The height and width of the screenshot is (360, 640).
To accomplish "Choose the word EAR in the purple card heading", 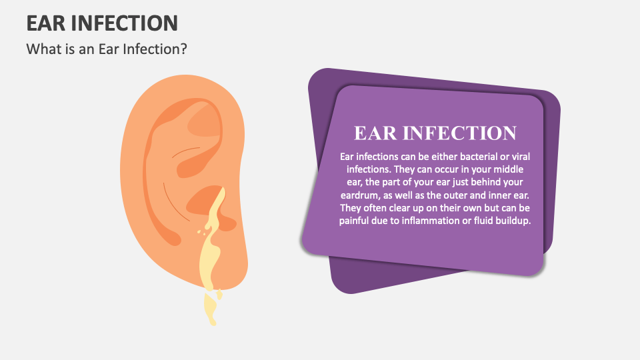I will (x=376, y=133).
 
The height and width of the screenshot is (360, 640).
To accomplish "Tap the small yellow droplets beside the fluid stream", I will (x=200, y=231).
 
